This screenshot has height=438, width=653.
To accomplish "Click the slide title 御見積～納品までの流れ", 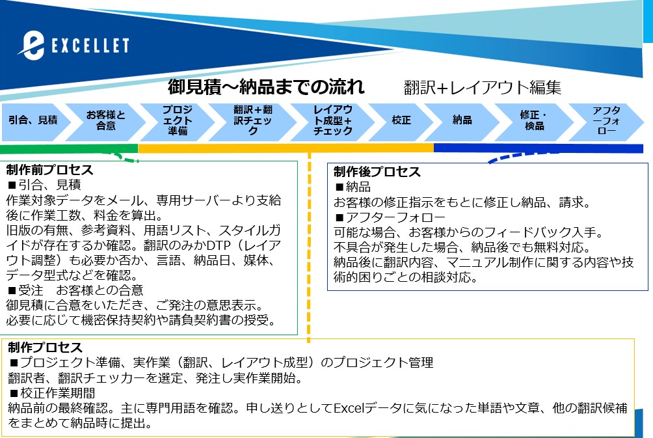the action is pos(266,87).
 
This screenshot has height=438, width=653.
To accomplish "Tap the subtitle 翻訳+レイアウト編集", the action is pos(483,87).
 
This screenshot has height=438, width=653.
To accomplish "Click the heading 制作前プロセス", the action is pos(49,170).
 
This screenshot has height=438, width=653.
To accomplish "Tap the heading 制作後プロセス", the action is pos(377,172).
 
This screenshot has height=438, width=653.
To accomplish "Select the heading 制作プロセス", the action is pos(45,348).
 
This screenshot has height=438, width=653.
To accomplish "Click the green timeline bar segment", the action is pos(69,149).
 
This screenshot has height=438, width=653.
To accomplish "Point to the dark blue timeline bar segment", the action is pos(539,148).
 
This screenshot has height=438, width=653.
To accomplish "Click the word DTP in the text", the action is pos(219,245).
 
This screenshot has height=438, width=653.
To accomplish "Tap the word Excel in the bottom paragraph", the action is pos(349,407).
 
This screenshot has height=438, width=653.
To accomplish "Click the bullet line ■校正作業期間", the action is pos(52,392).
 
